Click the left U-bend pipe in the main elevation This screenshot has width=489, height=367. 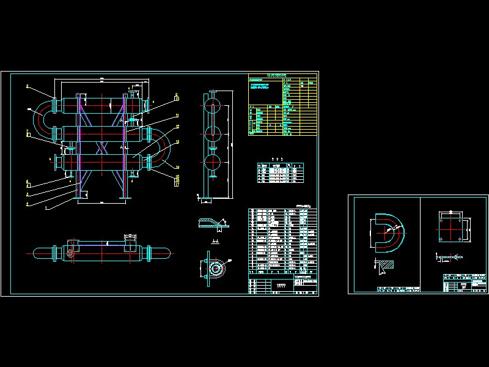42,118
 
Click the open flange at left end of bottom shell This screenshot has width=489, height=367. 56,163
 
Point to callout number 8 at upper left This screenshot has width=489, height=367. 27,87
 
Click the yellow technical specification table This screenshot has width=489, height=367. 282,105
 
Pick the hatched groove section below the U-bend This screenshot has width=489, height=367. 383,265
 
